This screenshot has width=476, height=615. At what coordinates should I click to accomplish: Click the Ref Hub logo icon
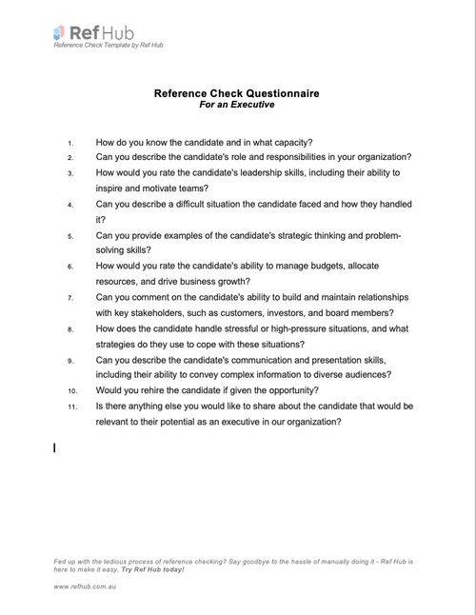(60, 32)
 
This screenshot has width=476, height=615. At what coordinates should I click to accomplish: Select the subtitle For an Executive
(236, 106)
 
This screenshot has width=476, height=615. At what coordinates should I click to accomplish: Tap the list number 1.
(69, 143)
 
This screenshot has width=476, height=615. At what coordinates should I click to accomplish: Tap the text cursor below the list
(54, 446)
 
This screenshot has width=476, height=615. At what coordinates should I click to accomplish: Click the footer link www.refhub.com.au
(91, 588)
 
